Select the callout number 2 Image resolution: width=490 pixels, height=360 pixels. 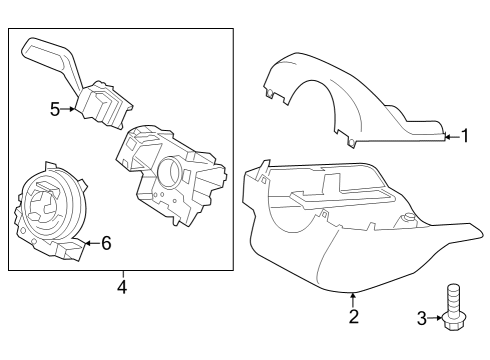[x=352, y=317]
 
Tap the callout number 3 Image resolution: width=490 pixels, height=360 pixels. [x=421, y=319]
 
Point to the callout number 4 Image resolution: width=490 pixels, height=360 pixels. [x=121, y=288]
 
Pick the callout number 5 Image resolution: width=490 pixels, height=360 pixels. [x=55, y=109]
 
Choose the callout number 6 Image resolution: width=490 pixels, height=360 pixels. [x=106, y=242]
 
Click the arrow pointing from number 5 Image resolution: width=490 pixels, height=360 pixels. [x=71, y=109]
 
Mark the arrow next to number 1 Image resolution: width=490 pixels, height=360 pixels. [x=449, y=136]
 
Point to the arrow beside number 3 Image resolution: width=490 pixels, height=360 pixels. [x=435, y=319]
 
